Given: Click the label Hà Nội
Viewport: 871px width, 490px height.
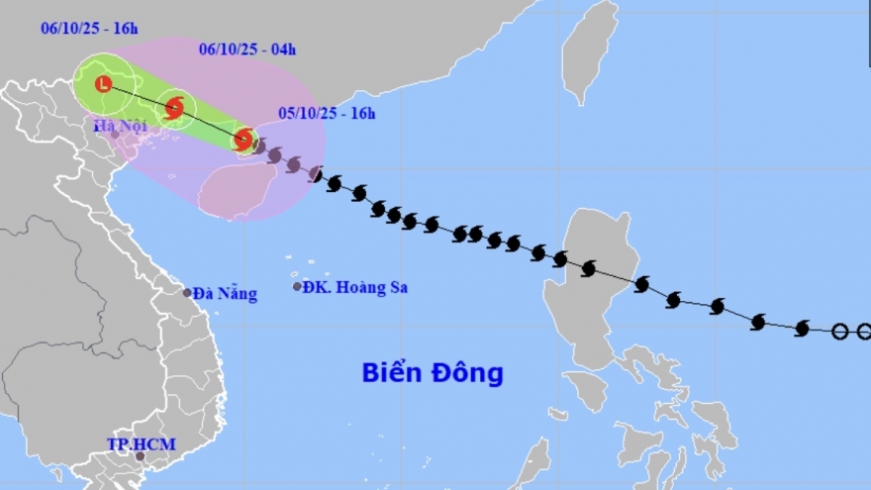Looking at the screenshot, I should coord(120,125).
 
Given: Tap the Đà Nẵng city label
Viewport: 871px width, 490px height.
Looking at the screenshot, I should coord(225,293).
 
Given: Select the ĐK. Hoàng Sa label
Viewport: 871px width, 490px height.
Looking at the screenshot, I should coord(355,287).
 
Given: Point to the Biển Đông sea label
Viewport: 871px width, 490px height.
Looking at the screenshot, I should coord(433,373).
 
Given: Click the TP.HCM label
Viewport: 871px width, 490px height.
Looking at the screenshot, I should coord(141,443).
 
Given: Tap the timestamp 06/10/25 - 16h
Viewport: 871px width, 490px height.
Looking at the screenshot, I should coord(89,28).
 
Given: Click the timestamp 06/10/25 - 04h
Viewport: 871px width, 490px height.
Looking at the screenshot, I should coord(247,49).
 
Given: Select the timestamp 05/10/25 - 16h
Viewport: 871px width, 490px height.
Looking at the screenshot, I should coord(327,113).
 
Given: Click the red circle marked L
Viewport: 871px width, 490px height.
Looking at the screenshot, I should coord(103,84).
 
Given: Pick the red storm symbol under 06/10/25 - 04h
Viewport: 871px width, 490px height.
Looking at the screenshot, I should coord(174,107).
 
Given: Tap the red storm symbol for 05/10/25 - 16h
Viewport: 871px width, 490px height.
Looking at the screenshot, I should coord(243,140).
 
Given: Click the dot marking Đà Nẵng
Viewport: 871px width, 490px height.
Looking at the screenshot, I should coord(187,292).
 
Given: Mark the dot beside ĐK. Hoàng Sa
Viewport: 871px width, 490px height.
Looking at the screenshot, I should coord(297,287).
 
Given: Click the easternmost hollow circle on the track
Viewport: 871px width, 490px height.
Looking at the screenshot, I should coord(864,332).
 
